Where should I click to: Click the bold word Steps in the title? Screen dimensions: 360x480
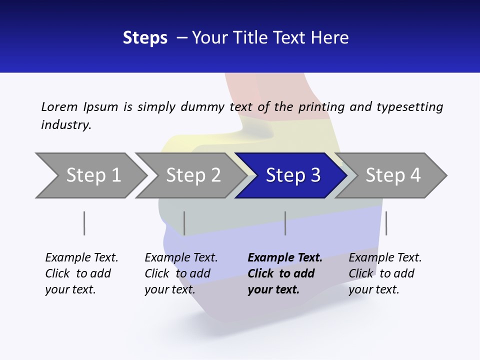point(145,38)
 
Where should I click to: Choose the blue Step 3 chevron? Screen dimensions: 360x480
point(293,175)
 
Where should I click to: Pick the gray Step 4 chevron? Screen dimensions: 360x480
point(393,175)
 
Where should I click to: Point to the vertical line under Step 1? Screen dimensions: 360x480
point(84,223)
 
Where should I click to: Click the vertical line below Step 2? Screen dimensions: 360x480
point(184,223)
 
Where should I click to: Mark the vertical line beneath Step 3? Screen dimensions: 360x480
point(285,223)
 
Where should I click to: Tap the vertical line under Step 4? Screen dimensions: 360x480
point(386,223)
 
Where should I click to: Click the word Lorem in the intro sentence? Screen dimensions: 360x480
point(59,107)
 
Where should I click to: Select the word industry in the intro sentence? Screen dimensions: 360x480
point(66,125)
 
